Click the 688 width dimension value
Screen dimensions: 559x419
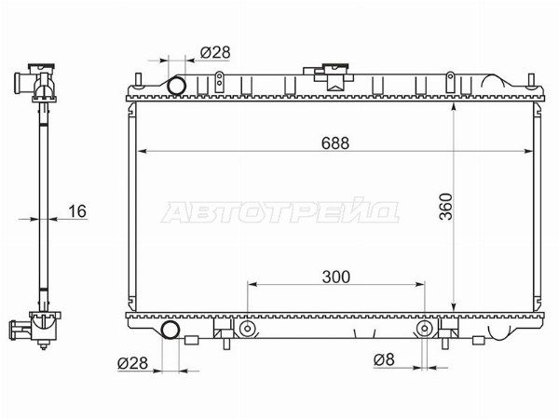pyautogui.click(x=335, y=143)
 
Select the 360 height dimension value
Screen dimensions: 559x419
pyautogui.click(x=445, y=207)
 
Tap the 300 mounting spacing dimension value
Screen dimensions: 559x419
pyautogui.click(x=335, y=277)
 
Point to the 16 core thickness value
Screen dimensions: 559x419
pyautogui.click(x=77, y=211)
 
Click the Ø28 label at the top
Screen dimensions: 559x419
pyautogui.click(x=215, y=53)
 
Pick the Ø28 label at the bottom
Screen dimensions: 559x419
pyautogui.click(x=132, y=363)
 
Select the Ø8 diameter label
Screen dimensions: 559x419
pyautogui.click(x=384, y=359)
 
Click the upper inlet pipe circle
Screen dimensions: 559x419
pyautogui.click(x=176, y=85)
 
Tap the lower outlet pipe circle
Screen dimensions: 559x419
pyautogui.click(x=170, y=330)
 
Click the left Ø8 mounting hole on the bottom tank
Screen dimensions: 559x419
pyautogui.click(x=247, y=329)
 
